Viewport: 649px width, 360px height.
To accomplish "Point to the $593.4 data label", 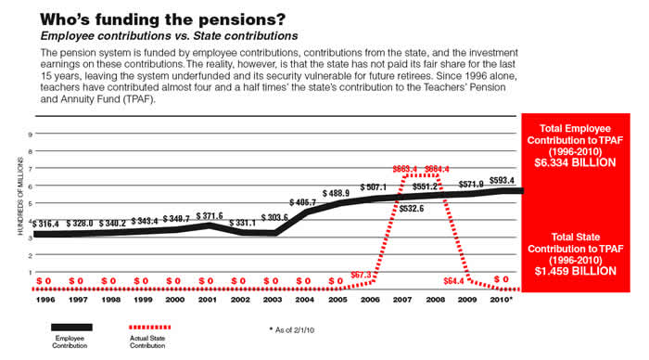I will pyautogui.click(x=503, y=181).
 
